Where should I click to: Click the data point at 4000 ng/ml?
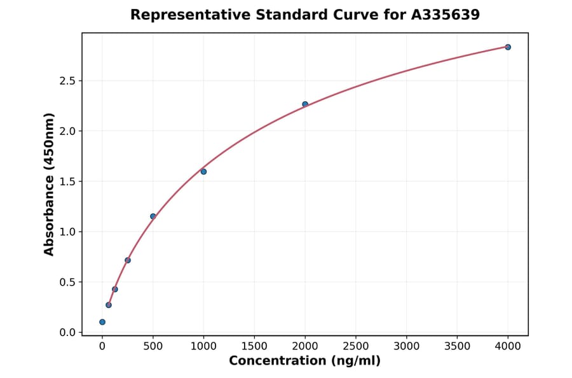pyautogui.click(x=508, y=47)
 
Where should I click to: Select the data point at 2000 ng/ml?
pyautogui.click(x=305, y=104)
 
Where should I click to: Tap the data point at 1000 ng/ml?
pyautogui.click(x=203, y=172)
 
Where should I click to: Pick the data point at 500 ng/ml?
pyautogui.click(x=153, y=216)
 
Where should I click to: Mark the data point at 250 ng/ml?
pyautogui.click(x=128, y=260)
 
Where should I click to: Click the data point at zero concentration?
pyautogui.click(x=102, y=322)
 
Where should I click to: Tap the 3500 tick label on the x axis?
pyautogui.click(x=457, y=346)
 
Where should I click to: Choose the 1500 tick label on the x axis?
pyautogui.click(x=254, y=346)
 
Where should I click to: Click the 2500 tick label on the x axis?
pyautogui.click(x=356, y=346)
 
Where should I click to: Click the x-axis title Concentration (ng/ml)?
pyautogui.click(x=304, y=361)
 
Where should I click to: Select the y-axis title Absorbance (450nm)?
pyautogui.click(x=50, y=184)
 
